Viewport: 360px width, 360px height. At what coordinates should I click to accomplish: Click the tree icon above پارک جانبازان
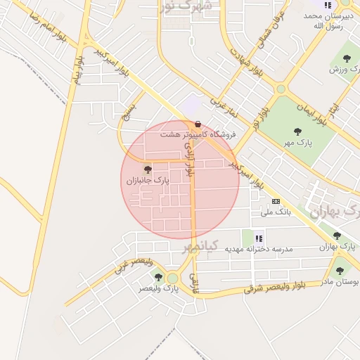tap(148, 169)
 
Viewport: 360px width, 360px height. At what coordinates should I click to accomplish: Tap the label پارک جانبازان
tap(148, 181)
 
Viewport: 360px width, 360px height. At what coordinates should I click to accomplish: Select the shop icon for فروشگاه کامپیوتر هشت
tap(198, 124)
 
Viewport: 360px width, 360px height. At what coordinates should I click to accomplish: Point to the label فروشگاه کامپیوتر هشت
tap(198, 134)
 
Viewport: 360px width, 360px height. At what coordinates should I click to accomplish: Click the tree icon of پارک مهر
tap(297, 131)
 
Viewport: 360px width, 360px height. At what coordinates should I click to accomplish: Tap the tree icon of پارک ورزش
tap(346, 58)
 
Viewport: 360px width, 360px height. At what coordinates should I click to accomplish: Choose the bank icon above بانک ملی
tap(276, 200)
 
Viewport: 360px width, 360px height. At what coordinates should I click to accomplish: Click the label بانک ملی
tap(276, 211)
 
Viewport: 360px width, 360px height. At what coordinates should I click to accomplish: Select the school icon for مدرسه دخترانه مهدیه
tap(259, 237)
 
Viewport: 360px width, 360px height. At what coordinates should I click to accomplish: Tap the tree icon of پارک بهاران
tap(337, 236)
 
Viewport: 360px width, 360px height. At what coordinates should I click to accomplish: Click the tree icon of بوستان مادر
tap(340, 271)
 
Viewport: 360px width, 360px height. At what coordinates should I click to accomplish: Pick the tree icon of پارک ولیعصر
tap(158, 277)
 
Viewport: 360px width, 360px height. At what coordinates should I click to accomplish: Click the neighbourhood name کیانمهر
tap(201, 246)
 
